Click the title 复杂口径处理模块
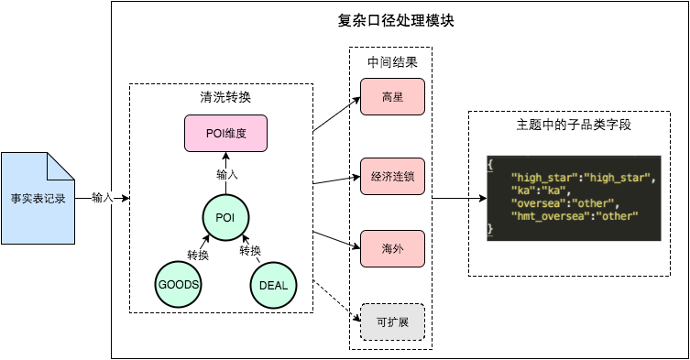click(x=396, y=20)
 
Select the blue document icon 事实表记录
click(x=38, y=198)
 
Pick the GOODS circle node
click(x=179, y=285)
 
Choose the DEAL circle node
click(x=273, y=285)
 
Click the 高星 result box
click(x=392, y=97)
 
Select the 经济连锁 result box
click(x=392, y=175)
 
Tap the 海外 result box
click(x=392, y=248)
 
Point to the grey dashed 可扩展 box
click(x=392, y=322)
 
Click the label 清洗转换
click(x=225, y=97)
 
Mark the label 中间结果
click(x=392, y=62)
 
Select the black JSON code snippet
click(x=573, y=198)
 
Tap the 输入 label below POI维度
click(x=226, y=174)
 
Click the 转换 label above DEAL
click(x=251, y=251)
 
